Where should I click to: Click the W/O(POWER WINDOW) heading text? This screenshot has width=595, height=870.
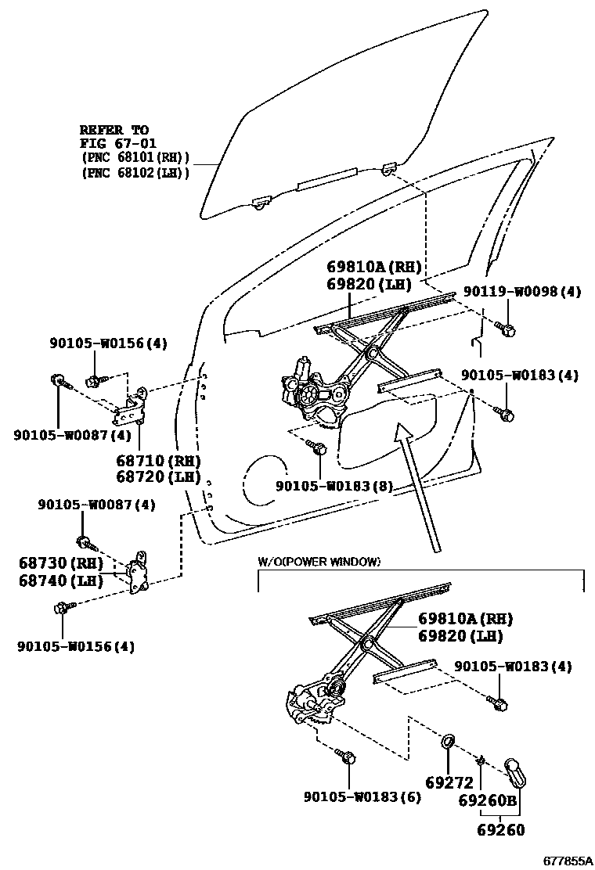(319, 562)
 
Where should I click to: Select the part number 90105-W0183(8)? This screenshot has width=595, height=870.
(334, 486)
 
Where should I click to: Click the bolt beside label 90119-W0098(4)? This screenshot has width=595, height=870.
(506, 329)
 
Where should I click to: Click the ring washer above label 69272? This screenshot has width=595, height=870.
(450, 740)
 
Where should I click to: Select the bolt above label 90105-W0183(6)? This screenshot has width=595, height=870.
(347, 757)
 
